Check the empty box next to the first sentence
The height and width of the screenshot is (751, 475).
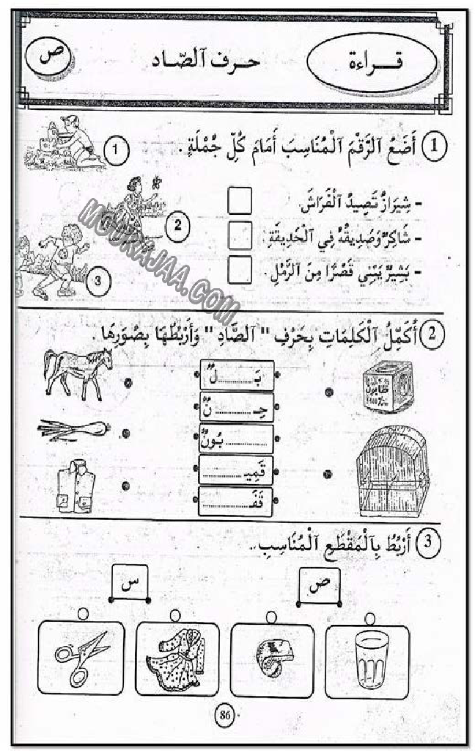point(240,200)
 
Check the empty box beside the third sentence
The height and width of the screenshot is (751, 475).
point(240,270)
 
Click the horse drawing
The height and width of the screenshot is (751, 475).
point(76,371)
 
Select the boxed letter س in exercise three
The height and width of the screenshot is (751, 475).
point(131,585)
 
